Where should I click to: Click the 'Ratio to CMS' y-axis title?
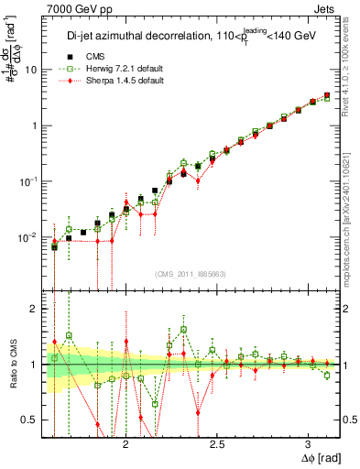click(x=12, y=364)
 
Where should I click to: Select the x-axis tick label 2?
click(x=126, y=442)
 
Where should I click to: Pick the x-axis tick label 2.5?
click(x=217, y=442)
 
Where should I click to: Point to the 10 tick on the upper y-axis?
click(x=30, y=70)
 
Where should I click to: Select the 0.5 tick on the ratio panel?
click(x=29, y=420)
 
